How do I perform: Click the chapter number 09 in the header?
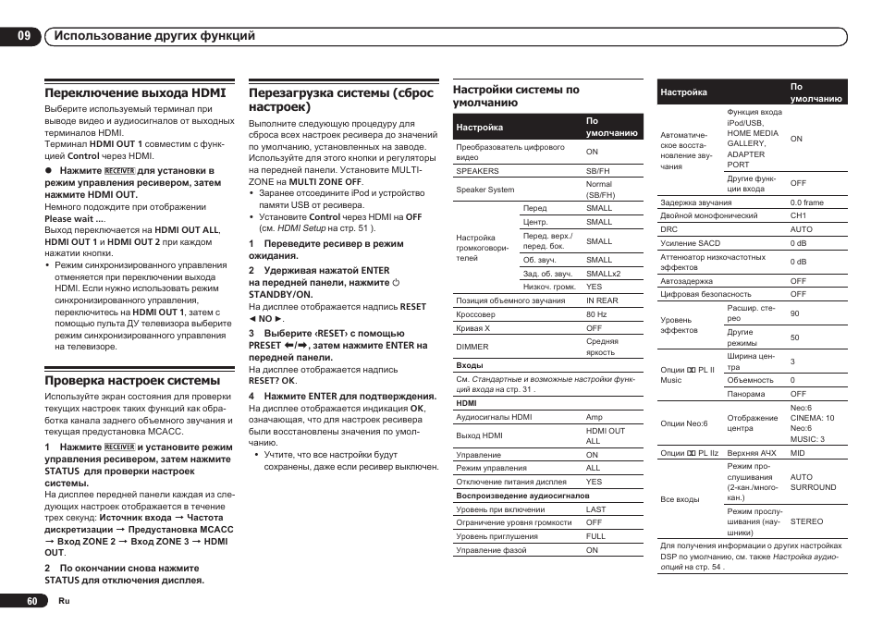click(23, 36)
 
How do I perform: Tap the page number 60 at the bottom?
click(32, 601)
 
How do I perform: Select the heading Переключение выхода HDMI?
click(135, 92)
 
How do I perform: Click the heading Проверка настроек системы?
click(132, 380)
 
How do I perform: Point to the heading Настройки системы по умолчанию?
click(516, 96)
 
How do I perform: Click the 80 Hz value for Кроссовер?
click(596, 314)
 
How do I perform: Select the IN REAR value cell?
click(602, 300)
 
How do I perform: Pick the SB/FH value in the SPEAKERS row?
click(597, 171)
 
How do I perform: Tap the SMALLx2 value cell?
click(603, 274)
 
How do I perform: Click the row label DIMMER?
click(472, 347)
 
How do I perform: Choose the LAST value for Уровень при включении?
click(595, 509)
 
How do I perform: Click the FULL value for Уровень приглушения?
click(595, 536)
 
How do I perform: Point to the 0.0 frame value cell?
click(806, 202)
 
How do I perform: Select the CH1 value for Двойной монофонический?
click(798, 215)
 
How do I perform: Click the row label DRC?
click(668, 229)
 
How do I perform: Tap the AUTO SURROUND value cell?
click(813, 483)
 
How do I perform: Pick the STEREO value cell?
click(806, 521)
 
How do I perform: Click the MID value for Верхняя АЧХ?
click(798, 453)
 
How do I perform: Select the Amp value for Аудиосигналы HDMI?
click(594, 417)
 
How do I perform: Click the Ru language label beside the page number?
click(64, 601)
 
